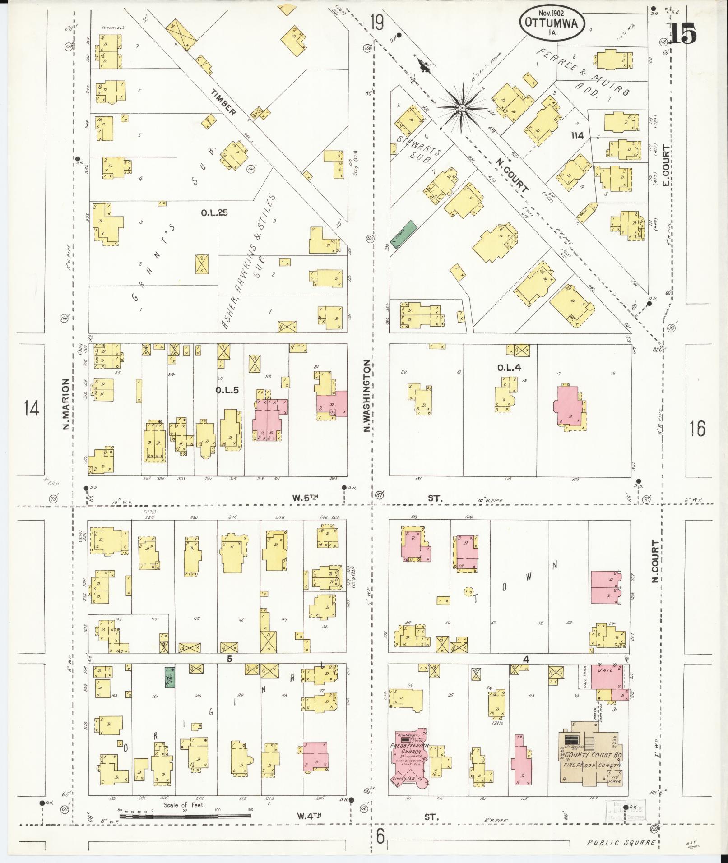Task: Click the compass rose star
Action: click(462, 108)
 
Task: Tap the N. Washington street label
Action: click(367, 395)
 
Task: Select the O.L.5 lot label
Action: click(227, 390)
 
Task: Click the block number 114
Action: click(577, 135)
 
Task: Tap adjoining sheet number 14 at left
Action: click(32, 409)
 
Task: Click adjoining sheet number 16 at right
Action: click(697, 428)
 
